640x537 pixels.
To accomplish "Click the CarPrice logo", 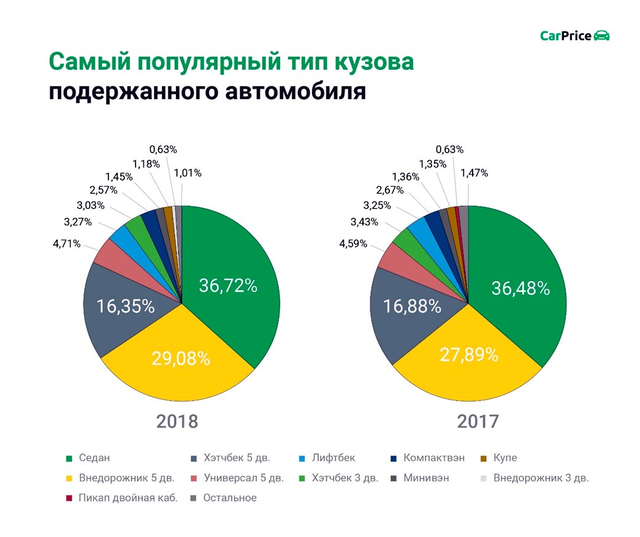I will (x=574, y=36).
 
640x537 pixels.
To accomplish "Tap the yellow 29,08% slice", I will (x=181, y=358).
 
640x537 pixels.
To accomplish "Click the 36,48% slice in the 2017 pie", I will (x=520, y=288).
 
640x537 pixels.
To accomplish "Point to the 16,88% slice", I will (x=413, y=306).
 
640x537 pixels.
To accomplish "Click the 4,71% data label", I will (x=67, y=244).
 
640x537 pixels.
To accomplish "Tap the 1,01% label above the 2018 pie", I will (x=188, y=173).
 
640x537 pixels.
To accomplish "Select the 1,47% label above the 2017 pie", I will (x=474, y=173).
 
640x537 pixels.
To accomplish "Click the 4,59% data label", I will (x=353, y=244).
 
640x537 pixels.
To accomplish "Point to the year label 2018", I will (x=177, y=422).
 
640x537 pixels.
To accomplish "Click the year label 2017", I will (x=478, y=422).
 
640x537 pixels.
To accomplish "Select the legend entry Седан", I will (x=94, y=457).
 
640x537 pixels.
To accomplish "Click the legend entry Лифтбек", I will (x=333, y=457).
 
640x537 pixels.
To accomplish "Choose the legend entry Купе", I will (x=505, y=457).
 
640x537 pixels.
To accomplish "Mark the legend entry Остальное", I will (x=229, y=498).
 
